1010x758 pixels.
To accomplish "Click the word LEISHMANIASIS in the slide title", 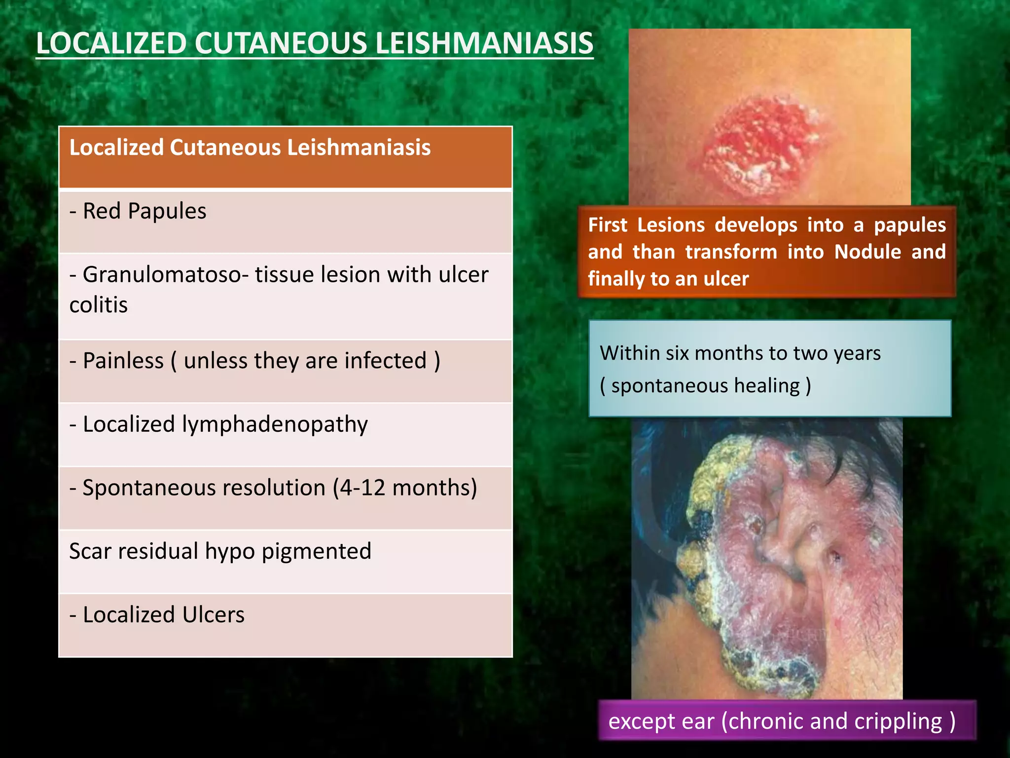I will tap(484, 43).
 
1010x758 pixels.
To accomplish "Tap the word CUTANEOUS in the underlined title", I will tap(280, 43).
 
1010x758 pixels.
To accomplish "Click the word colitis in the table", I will tap(99, 305).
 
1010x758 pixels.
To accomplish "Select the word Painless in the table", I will tap(123, 361).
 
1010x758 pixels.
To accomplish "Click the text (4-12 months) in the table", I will tap(405, 488).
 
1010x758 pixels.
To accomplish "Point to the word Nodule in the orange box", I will tap(867, 252).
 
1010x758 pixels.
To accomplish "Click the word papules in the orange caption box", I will tap(910, 225).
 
